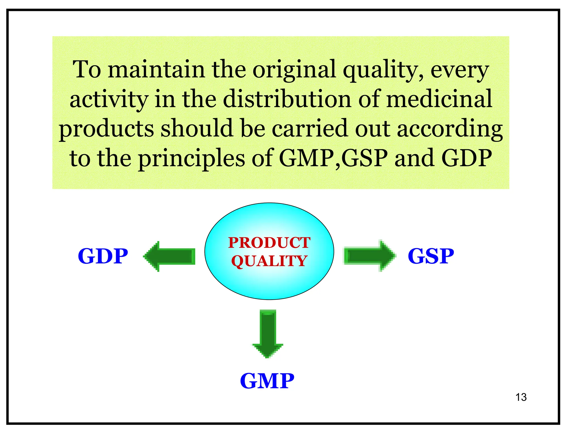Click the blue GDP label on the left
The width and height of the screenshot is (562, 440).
pos(103,256)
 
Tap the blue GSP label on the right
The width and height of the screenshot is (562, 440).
pos(431,256)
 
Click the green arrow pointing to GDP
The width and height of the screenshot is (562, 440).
pos(170,256)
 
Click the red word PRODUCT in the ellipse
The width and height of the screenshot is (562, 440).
pos(269,243)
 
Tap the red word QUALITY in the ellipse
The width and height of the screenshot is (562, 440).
pos(269,261)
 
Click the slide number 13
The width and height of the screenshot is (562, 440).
pos(521,397)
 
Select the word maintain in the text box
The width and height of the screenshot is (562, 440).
pos(156,69)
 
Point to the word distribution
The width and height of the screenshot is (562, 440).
pos(287,99)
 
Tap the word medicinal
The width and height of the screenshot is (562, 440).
pos(439,99)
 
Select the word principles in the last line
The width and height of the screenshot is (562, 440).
pos(191,159)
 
